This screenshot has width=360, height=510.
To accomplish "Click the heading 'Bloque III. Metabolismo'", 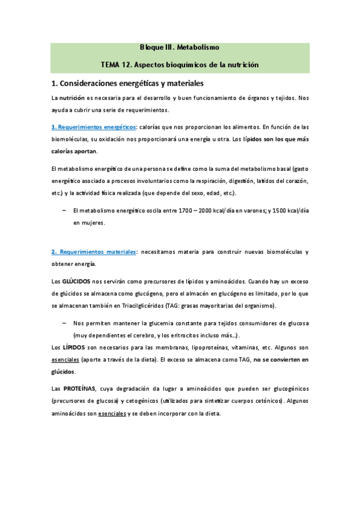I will tap(179, 46).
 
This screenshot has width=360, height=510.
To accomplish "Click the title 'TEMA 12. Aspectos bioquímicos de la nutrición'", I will tap(179, 64).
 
